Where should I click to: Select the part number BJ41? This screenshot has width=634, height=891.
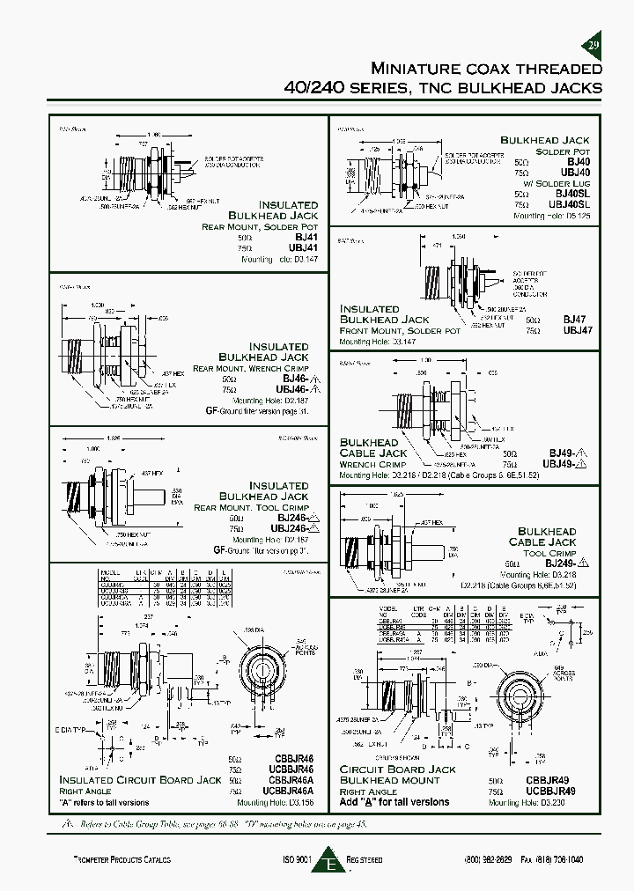(305, 238)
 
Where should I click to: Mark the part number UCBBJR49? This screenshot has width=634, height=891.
(564, 792)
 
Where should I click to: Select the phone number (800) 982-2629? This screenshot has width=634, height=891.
(491, 859)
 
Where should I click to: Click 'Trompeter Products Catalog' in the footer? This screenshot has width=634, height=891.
(121, 859)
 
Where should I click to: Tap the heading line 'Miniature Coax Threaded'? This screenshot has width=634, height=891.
(486, 69)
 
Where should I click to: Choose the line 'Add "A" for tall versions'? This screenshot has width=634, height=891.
(394, 802)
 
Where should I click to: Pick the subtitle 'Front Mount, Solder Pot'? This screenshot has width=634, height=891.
(400, 330)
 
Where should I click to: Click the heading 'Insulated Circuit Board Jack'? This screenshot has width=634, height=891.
(140, 780)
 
